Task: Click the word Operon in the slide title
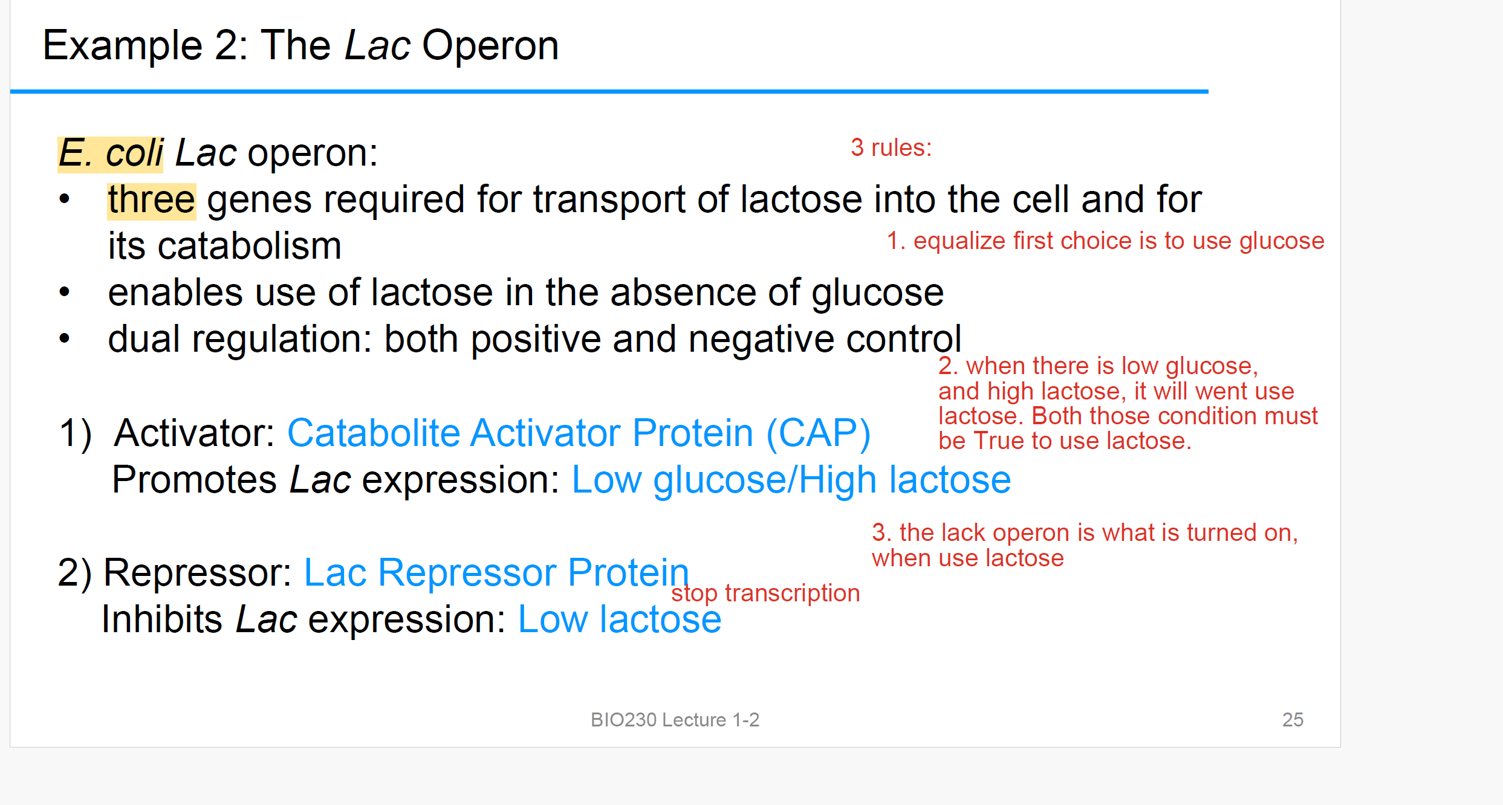point(490,46)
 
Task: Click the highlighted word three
point(152,200)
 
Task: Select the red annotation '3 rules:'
point(891,147)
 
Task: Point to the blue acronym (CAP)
point(819,434)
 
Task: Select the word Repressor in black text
point(197,573)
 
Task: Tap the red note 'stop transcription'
point(765,593)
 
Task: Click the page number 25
point(1293,720)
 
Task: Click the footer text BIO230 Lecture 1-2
point(675,720)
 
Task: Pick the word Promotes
point(195,480)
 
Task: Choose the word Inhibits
point(162,619)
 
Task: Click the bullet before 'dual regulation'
point(65,338)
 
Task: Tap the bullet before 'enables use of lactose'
point(65,293)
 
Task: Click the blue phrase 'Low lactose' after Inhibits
point(620,619)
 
